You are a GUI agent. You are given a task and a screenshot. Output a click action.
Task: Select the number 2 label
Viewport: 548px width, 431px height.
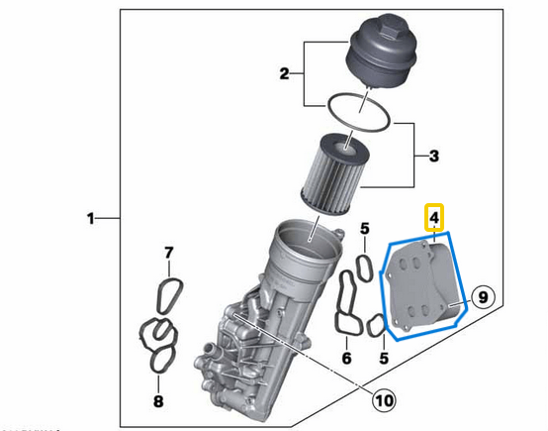(x=283, y=73)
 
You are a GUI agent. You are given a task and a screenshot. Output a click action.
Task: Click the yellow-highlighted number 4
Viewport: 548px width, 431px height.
(x=433, y=217)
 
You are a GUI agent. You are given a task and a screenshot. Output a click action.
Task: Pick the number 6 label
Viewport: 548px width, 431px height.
(x=346, y=358)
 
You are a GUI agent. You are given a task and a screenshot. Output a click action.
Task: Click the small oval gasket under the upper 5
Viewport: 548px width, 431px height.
(x=365, y=265)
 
